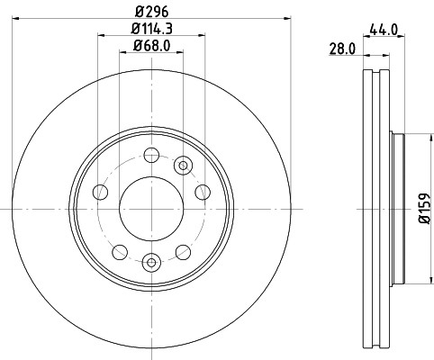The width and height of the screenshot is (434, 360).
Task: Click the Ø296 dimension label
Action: [x=151, y=12]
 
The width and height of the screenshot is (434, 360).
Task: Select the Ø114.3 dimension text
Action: [x=152, y=29]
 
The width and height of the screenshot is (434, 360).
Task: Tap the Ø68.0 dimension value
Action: [x=152, y=46]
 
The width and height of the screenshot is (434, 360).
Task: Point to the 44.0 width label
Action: [x=384, y=30]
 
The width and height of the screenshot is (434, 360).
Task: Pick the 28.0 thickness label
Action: [x=342, y=49]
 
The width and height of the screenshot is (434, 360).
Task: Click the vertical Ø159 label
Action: [x=425, y=208]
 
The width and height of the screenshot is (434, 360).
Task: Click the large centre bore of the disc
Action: [x=151, y=209]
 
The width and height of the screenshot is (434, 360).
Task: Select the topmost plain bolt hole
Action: [x=151, y=155]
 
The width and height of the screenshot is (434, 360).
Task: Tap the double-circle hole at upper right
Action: [x=183, y=166]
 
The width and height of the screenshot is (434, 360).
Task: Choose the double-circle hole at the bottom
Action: [x=151, y=263]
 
